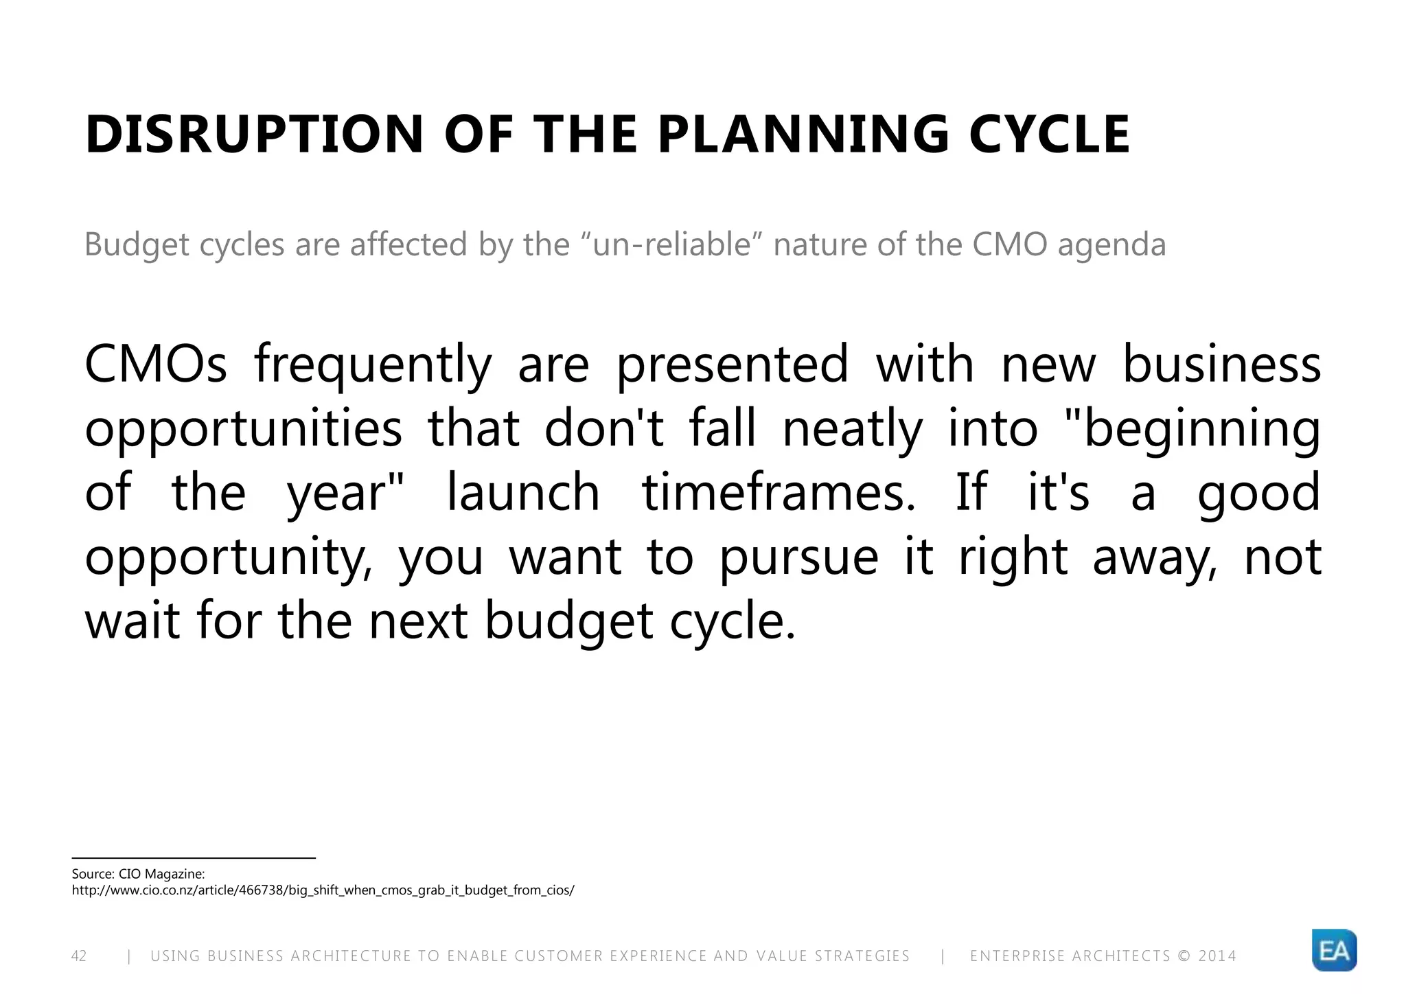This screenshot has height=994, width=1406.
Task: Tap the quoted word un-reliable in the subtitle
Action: tap(671, 245)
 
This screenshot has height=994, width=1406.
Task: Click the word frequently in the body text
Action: tap(373, 366)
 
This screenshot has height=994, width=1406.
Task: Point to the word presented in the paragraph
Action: tap(732, 366)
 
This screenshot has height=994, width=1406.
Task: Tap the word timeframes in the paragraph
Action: tap(779, 493)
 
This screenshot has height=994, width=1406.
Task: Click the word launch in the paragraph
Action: tap(523, 493)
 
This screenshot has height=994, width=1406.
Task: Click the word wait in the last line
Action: tap(132, 621)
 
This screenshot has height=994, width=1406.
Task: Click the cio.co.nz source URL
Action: tap(323, 890)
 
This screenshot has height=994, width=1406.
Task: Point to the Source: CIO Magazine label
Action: tap(138, 874)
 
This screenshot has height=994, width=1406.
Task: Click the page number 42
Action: tap(79, 956)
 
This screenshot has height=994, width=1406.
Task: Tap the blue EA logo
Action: tap(1333, 951)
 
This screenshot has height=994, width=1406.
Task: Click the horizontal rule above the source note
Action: tap(194, 858)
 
